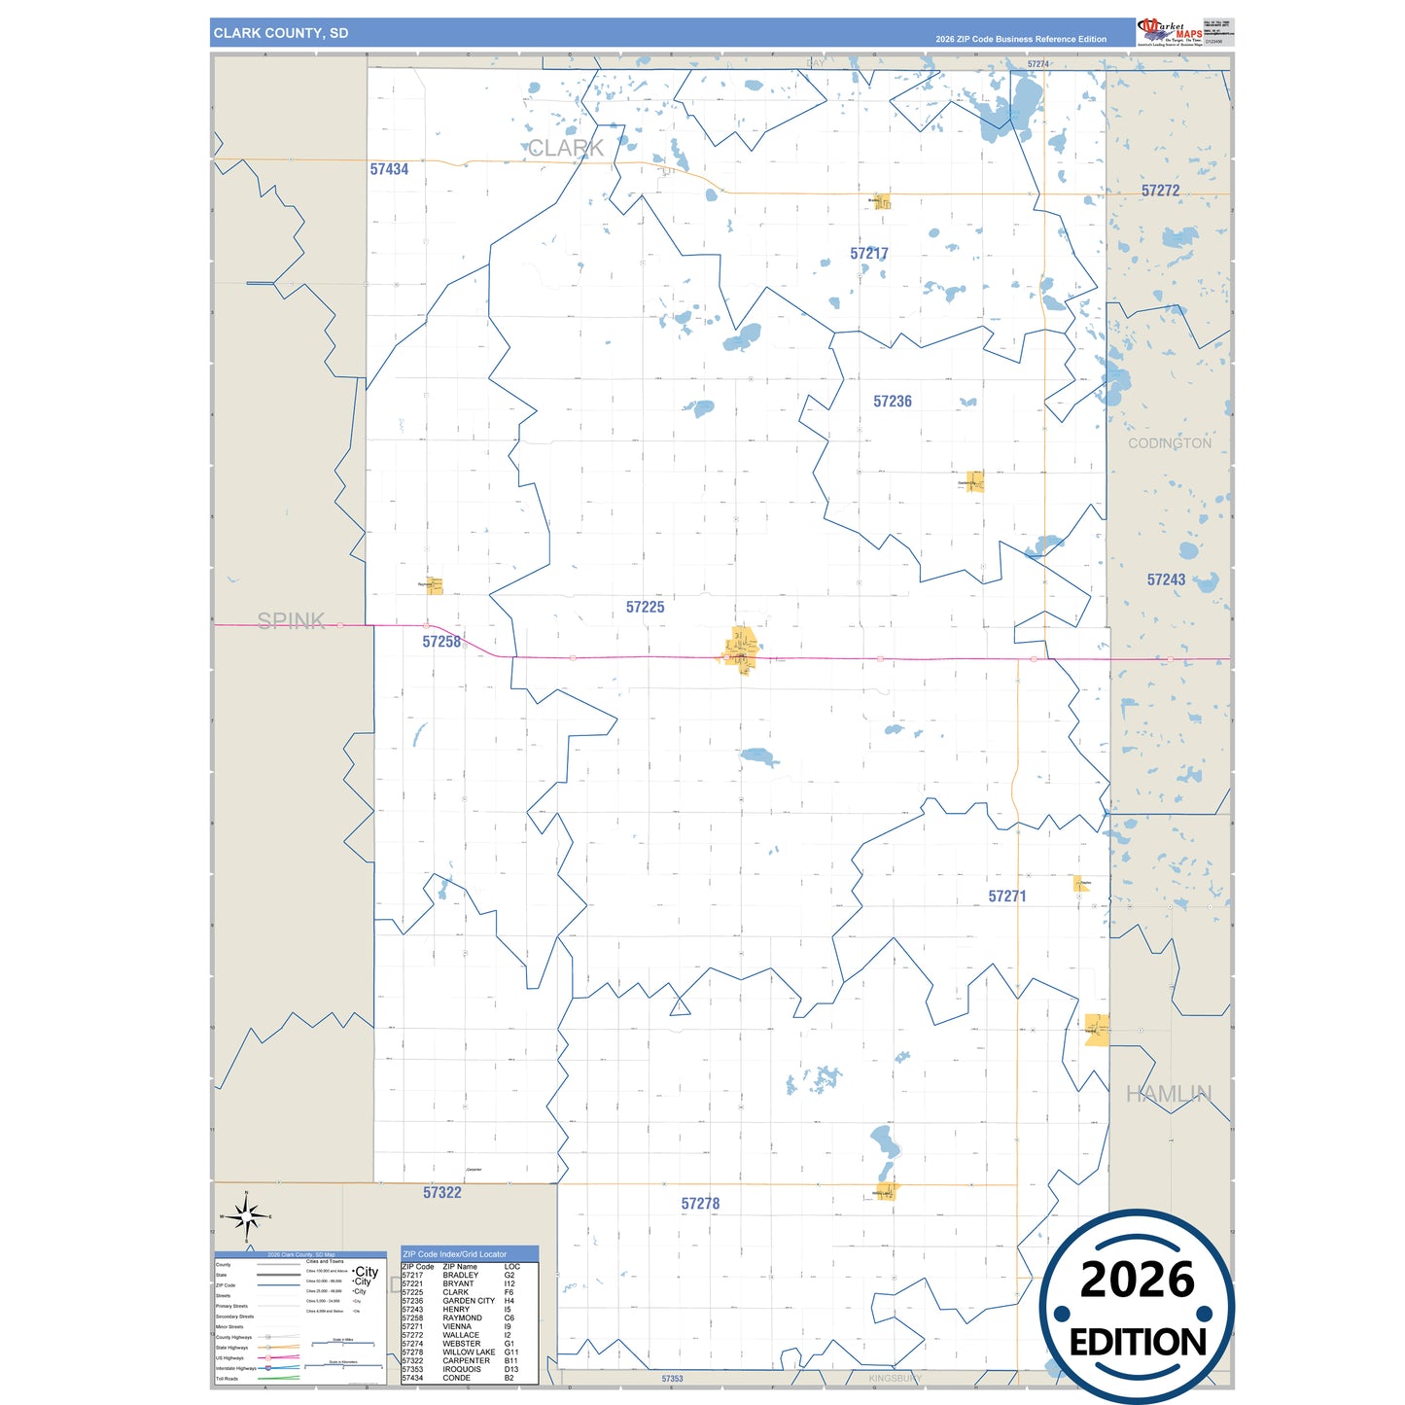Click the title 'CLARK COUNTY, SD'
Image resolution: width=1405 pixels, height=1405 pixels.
coord(281,33)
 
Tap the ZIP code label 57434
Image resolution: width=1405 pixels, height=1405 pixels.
coord(389,169)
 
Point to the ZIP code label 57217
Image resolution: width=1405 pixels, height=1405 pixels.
coord(868,254)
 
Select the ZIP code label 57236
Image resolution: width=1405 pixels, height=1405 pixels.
coord(892,402)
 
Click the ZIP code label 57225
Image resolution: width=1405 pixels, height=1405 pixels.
coord(645,608)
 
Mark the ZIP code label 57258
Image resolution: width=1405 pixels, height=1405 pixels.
coord(441,642)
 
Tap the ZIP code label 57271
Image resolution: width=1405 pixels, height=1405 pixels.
coord(1006,896)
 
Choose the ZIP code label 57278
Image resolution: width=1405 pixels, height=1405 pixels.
coord(700,1204)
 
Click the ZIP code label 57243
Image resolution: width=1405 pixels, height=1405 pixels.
coord(1166,580)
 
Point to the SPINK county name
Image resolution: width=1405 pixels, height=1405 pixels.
coord(291,621)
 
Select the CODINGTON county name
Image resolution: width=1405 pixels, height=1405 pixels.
coord(1169,443)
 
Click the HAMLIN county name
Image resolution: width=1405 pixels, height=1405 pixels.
coord(1168,1095)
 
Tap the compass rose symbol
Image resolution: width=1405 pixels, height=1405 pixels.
coord(247,1215)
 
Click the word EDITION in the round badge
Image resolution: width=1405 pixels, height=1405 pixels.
coord(1137,1343)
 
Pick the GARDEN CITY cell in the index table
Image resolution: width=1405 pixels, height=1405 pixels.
coord(469,1301)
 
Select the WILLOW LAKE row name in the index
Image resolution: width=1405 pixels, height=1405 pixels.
coord(469,1352)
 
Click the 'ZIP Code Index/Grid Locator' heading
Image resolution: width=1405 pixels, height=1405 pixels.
coord(455,1254)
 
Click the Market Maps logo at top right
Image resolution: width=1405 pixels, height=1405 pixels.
coord(1170,32)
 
